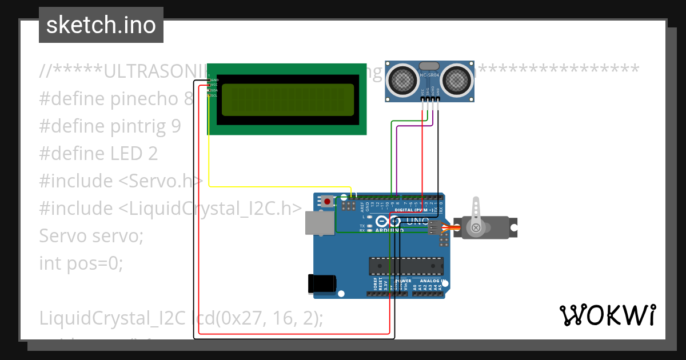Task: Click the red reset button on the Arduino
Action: tap(327, 201)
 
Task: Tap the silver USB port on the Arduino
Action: tap(317, 223)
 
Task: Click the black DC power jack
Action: tap(321, 284)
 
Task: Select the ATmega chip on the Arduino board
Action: tap(406, 266)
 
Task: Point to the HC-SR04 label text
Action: tap(429, 75)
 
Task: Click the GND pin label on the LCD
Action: tap(214, 80)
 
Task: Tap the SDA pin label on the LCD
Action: tap(214, 90)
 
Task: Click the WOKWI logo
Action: tap(608, 315)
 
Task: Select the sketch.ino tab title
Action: tap(101, 25)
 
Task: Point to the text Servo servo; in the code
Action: tap(91, 235)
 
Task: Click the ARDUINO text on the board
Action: tap(390, 230)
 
